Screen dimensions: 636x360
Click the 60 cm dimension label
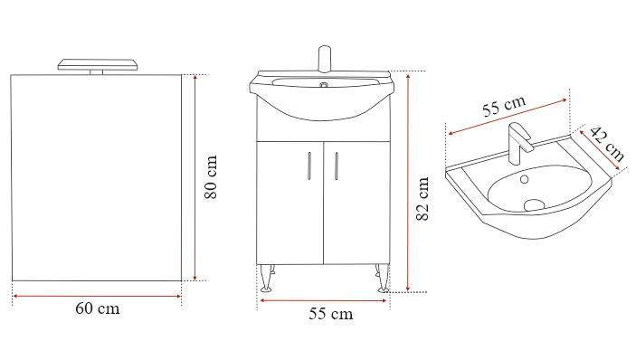coord(98,309)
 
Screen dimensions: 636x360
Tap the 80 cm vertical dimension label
coord(211,177)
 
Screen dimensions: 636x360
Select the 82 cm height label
coord(422,199)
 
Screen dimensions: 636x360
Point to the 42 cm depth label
coord(607,144)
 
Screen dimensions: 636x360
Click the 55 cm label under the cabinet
coord(331,314)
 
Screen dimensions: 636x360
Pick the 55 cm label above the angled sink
coord(504,106)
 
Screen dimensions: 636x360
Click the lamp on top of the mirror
coord(98,67)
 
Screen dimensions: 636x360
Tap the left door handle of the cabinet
coord(309,166)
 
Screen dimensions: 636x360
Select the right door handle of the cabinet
coord(337,166)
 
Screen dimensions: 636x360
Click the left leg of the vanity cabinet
coord(267,278)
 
